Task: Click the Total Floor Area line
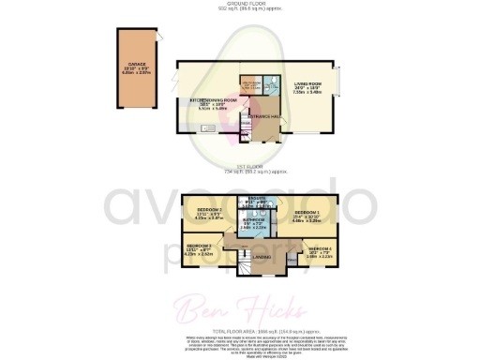click(242, 332)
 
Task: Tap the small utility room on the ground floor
click(250, 88)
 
